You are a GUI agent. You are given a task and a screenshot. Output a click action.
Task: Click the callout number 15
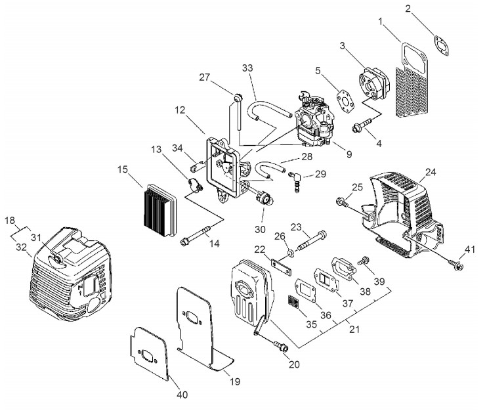click(x=123, y=169)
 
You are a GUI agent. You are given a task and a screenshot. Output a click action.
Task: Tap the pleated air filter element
click(x=160, y=209)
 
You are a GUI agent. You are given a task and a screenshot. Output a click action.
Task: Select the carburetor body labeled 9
click(x=313, y=119)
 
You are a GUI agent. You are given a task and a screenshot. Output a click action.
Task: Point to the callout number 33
click(x=247, y=68)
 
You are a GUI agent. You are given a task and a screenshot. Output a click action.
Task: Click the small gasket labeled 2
click(x=441, y=46)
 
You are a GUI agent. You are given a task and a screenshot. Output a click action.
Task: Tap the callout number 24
click(x=431, y=172)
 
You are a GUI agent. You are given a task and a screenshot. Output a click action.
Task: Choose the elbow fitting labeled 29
click(x=295, y=181)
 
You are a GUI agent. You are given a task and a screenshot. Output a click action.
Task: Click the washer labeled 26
click(x=291, y=253)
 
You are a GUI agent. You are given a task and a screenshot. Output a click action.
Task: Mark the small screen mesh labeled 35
click(x=293, y=301)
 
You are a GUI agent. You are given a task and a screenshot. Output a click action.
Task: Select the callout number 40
click(x=182, y=395)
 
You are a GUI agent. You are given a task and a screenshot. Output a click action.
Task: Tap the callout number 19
click(x=235, y=381)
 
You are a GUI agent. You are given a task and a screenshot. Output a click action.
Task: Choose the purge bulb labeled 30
click(x=265, y=198)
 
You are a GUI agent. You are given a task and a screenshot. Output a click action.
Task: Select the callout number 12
click(x=180, y=110)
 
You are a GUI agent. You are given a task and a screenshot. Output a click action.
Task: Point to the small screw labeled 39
click(x=363, y=261)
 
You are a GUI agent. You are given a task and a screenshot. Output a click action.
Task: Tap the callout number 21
click(x=354, y=330)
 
